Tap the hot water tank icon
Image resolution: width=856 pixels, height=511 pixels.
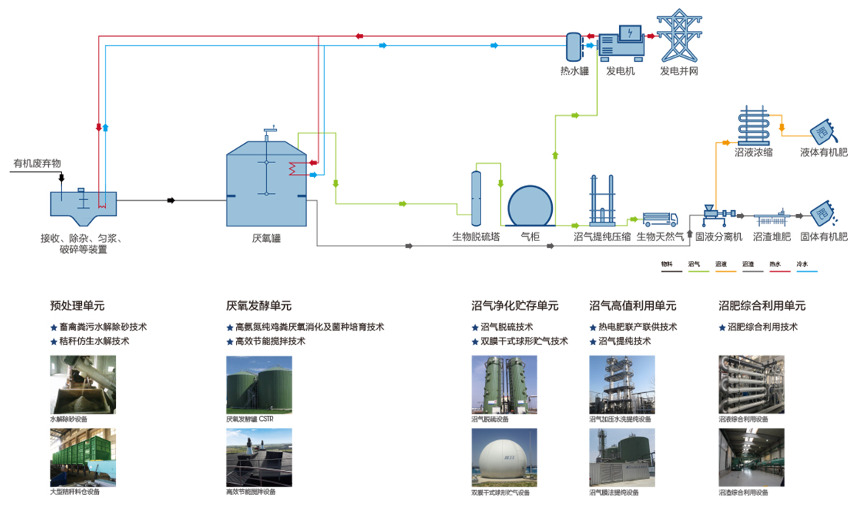coord(573,46)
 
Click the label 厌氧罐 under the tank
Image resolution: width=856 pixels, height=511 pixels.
coord(266,238)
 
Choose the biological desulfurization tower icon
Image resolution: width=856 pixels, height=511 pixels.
coord(476,198)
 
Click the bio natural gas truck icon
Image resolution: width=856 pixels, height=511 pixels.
coord(660,218)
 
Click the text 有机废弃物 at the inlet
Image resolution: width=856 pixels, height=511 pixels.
coord(37,163)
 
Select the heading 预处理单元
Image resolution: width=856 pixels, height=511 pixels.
coord(77,305)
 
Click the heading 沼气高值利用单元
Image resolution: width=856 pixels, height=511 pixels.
coord(632,305)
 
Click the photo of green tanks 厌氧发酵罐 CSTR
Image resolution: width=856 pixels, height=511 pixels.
coord(258,384)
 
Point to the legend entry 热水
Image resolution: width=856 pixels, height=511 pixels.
coord(775,263)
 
